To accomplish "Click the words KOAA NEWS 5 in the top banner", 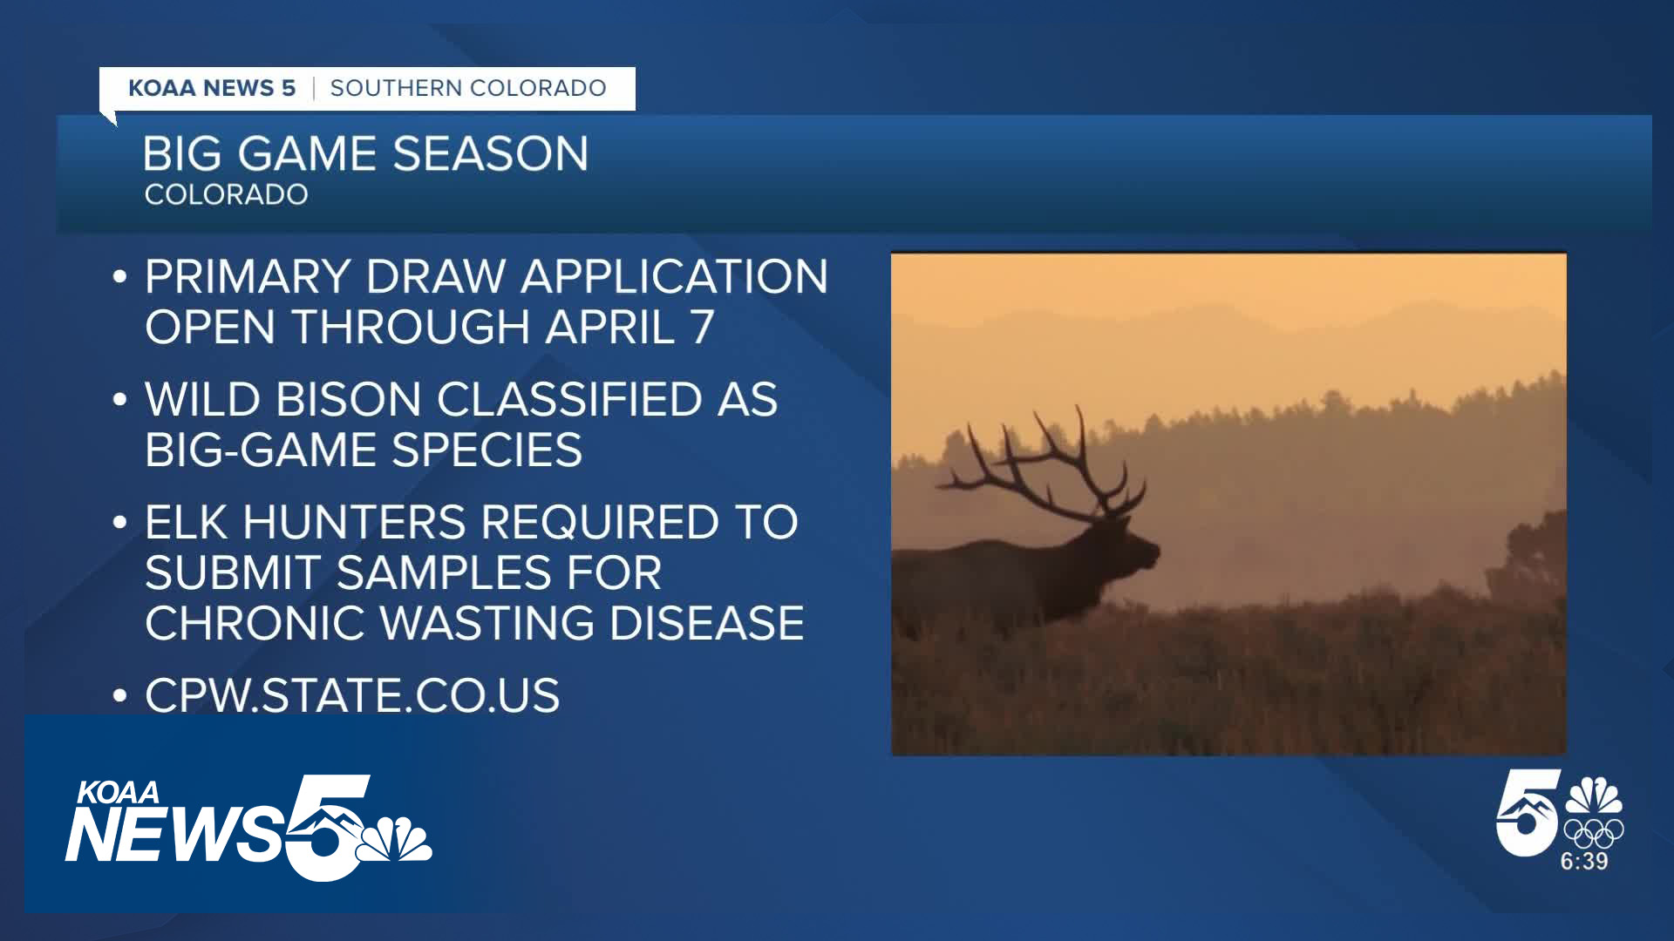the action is pos(212,88).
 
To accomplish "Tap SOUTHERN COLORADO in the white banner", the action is pos(468,88).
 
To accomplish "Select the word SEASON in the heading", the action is pos(490,153).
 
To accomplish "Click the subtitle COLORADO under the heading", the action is pos(226,194).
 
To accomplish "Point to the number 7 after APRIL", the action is pos(702,327).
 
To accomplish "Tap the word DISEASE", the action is pos(706,623).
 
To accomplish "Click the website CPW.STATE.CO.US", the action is pos(352,696).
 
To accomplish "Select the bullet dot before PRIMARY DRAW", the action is pos(120,278).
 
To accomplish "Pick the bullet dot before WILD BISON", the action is pos(120,401).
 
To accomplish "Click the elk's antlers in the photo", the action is pos(1046,462).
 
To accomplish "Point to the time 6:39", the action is pos(1584,861).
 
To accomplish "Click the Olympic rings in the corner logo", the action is pos(1593,833).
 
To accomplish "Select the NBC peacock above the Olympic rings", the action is pos(1594,795).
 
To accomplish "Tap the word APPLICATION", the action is pos(674,277).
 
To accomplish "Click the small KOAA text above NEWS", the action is pos(119,792).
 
